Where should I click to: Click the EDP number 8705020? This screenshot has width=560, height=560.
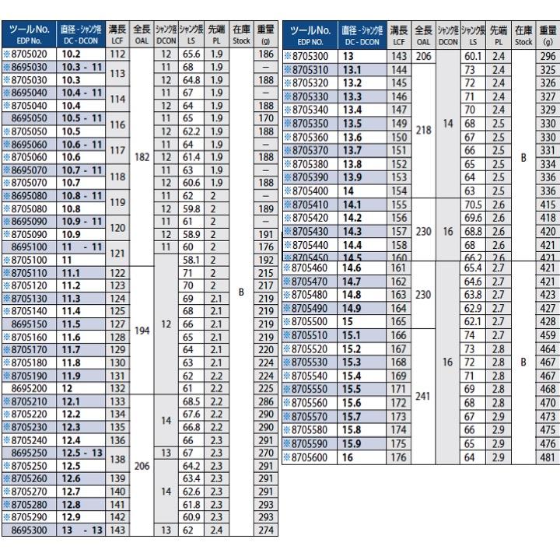[x=30, y=54]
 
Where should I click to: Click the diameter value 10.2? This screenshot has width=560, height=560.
[x=71, y=54]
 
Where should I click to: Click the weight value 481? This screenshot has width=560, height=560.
[x=548, y=457]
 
